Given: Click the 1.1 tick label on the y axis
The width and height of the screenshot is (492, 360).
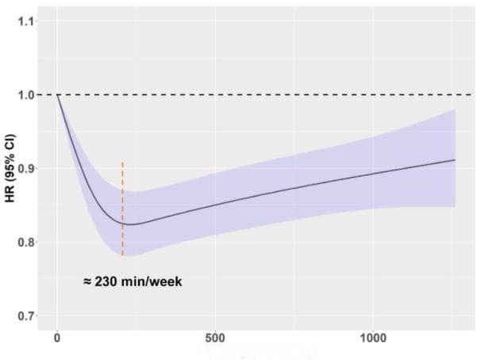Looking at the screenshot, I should click(27, 21).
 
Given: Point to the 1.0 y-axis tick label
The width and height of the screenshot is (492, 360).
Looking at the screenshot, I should click(27, 95).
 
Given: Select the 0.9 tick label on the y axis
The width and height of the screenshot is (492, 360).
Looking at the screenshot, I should click(27, 169).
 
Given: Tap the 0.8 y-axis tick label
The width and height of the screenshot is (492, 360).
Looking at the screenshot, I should click(27, 243).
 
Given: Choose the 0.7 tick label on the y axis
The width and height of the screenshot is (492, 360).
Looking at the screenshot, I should click(27, 316).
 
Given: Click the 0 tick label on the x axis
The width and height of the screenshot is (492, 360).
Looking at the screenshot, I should click(57, 339).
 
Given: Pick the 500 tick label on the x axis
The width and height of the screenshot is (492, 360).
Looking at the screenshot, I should click(215, 339).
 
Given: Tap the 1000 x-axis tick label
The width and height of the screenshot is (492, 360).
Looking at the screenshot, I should click(373, 339).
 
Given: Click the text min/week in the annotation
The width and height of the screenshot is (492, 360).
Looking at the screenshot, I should click(153, 281).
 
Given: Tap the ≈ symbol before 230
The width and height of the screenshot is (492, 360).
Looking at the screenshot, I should click(87, 281).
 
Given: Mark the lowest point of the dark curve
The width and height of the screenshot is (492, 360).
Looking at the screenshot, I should click(129, 224).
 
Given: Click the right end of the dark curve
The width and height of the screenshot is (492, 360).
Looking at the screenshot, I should click(455, 160).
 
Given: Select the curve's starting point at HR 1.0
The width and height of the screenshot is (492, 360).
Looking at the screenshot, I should click(57, 95).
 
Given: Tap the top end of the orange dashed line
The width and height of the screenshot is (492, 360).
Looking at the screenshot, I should click(122, 162).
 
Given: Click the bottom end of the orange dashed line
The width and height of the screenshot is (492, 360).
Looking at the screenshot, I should click(122, 255).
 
